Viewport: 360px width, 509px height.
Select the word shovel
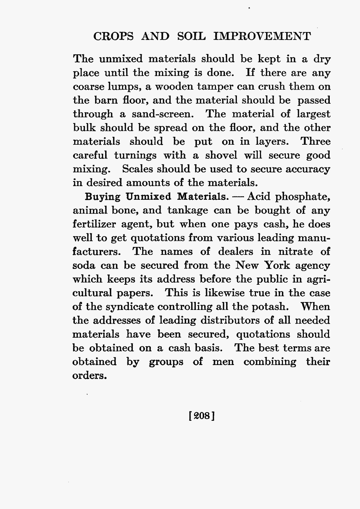pyautogui.click(x=221, y=156)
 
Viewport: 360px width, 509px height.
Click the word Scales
pyautogui.click(x=139, y=169)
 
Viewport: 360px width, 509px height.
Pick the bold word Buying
pyautogui.click(x=102, y=197)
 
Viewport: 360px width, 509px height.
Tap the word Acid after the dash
pyautogui.click(x=260, y=197)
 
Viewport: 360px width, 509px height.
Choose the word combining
pyautogui.click(x=270, y=361)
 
